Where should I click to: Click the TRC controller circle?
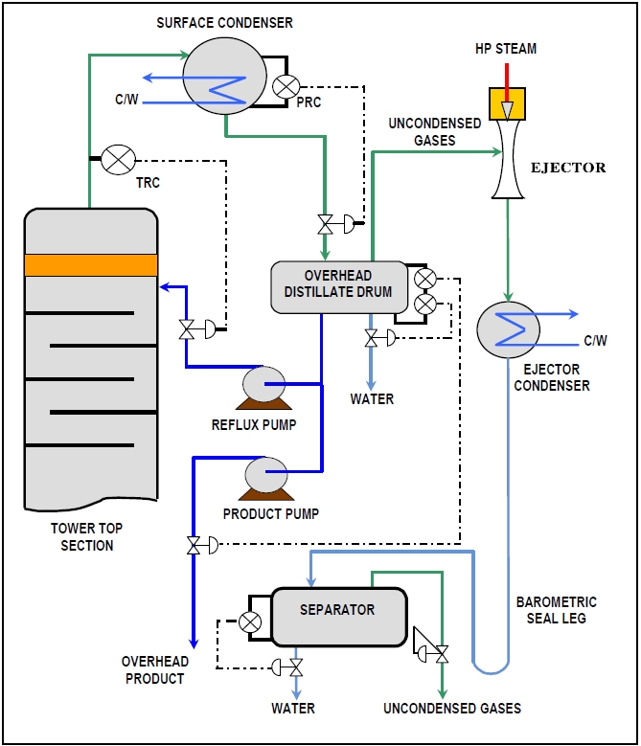[118, 160]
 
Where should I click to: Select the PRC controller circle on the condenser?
[285, 86]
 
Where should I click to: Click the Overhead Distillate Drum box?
[339, 284]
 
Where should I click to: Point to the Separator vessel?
[337, 616]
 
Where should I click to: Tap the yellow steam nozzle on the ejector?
[507, 103]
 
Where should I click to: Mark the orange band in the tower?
[91, 264]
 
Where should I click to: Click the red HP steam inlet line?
[507, 75]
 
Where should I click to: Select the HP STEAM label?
[506, 48]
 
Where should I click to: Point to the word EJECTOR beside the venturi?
[568, 168]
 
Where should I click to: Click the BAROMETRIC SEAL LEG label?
[556, 610]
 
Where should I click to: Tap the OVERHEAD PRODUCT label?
[154, 670]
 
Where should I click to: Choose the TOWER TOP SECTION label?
[86, 536]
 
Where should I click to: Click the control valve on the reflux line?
[190, 329]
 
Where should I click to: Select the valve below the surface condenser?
[328, 225]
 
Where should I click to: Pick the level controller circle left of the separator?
[250, 622]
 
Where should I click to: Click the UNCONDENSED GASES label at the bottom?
[452, 709]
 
